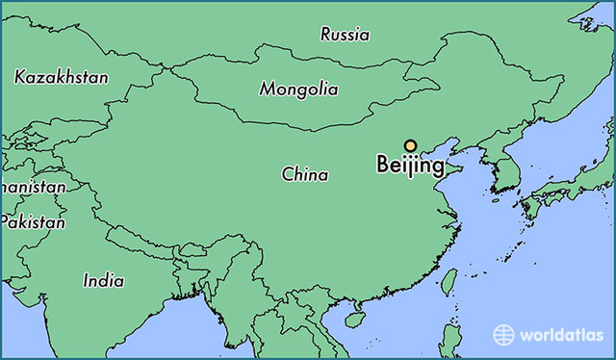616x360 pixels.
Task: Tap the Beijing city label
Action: [410, 166]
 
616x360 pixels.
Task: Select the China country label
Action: [304, 175]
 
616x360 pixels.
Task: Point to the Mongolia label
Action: [298, 90]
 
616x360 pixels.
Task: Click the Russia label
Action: [345, 35]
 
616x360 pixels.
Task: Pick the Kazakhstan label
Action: [62, 77]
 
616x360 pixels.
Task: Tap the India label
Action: [103, 281]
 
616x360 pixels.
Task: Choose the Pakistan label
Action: [33, 222]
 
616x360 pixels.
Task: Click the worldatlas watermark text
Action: [560, 335]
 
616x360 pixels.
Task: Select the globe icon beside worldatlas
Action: [504, 335]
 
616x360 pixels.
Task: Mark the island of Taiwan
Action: [449, 280]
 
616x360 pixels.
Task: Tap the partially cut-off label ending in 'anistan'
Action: [33, 188]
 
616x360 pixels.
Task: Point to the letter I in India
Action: [87, 281]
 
